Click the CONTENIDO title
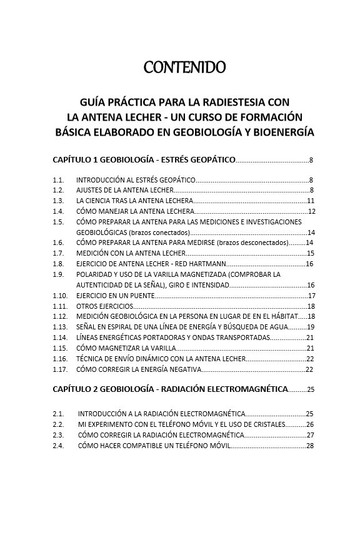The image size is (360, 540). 184,66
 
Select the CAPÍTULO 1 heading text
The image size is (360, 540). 144,161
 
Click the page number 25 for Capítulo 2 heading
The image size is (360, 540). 311,390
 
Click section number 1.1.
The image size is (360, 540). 58,180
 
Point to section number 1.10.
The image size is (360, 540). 60,296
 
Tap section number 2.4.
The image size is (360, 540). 58,446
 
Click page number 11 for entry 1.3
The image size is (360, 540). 311,201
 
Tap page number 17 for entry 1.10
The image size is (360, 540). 311,296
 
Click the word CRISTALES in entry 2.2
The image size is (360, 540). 266,424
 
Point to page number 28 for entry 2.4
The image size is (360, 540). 310,446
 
